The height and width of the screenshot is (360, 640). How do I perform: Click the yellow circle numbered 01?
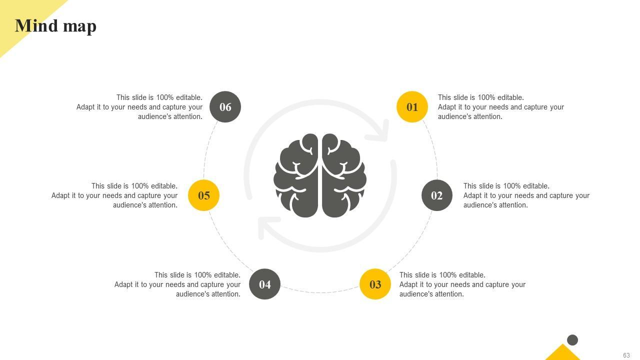tap(412, 106)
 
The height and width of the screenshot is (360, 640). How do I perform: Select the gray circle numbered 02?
tap(437, 195)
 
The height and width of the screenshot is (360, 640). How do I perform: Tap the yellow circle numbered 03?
tap(375, 284)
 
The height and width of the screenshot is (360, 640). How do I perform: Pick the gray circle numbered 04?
tap(264, 284)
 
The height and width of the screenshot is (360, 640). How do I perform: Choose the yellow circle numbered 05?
tap(203, 195)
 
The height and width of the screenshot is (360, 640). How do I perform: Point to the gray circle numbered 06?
tap(225, 106)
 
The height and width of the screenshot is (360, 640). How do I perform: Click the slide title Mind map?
tap(55, 25)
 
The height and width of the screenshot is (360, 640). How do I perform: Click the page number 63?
tap(626, 355)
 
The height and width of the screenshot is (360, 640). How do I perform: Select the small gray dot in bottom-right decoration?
tap(572, 340)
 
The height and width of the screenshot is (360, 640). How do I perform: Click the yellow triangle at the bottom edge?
tap(562, 353)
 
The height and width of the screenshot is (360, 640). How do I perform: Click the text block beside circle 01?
tap(500, 107)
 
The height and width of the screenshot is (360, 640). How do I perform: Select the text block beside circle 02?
tap(526, 195)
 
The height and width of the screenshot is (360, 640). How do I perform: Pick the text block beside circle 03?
tap(462, 284)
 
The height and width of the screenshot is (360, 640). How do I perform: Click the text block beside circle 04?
tap(177, 284)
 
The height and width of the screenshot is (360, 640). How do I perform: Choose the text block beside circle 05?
tap(114, 195)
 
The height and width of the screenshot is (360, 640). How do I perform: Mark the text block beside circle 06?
tap(139, 107)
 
